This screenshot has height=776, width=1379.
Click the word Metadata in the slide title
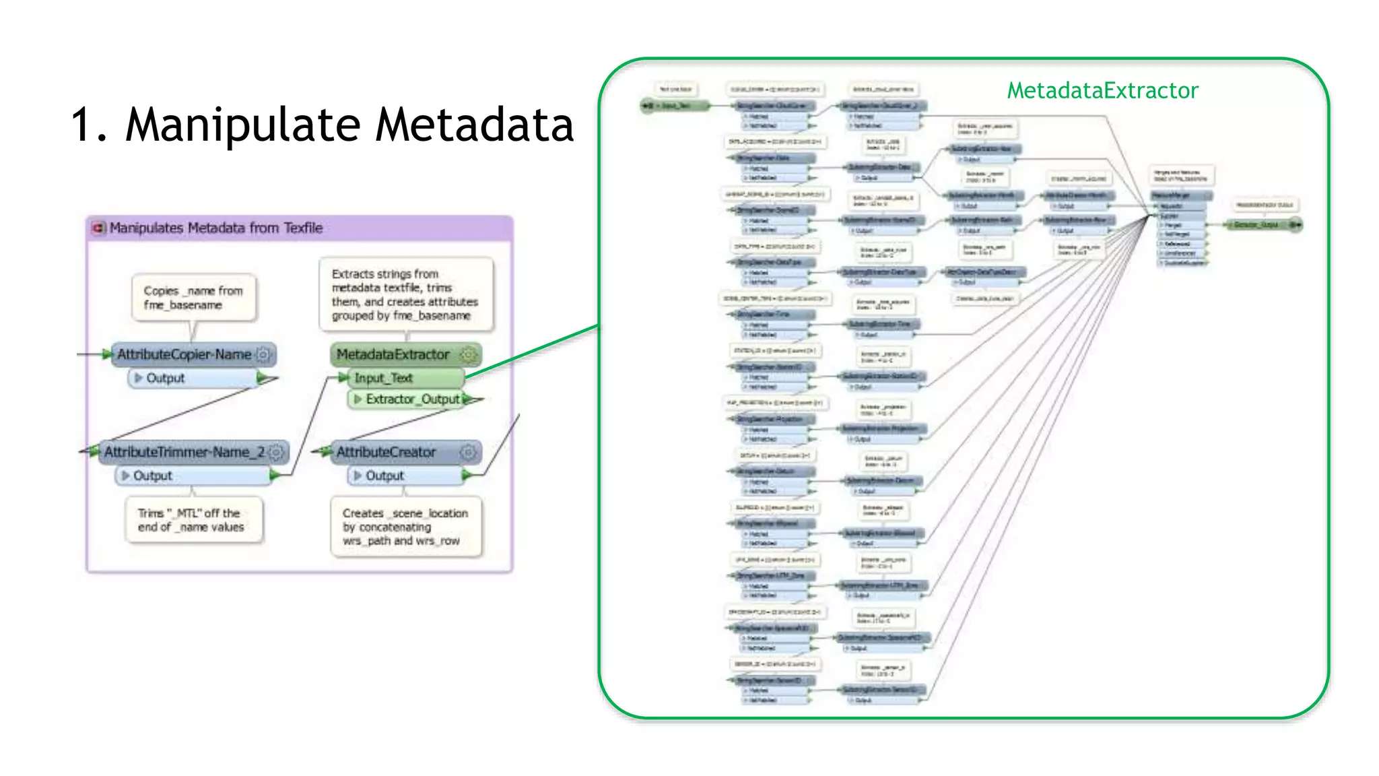point(474,125)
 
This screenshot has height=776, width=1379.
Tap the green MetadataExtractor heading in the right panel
point(1102,90)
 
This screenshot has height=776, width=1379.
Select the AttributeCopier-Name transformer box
point(184,354)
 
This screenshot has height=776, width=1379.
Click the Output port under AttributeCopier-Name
point(165,379)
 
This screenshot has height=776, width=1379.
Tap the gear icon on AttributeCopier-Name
point(263,354)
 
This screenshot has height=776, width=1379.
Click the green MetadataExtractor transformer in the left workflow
point(393,354)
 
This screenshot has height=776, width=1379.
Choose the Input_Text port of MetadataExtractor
point(383,379)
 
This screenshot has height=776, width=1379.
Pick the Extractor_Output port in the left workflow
point(412,399)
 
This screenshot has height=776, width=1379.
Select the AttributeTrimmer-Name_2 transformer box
point(184,452)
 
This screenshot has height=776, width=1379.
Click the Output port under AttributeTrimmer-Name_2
point(153,476)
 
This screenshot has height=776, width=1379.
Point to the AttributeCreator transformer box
point(386,452)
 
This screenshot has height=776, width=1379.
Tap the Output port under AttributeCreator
point(384,476)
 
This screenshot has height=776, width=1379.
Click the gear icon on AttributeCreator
point(468,452)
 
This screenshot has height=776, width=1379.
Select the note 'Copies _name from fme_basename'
point(193,298)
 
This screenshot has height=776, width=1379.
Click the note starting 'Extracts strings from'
point(405,294)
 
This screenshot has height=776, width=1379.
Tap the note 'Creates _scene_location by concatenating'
point(405,527)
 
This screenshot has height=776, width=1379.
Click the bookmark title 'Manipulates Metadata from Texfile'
point(216,228)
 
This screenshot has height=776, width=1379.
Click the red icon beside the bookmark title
point(98,228)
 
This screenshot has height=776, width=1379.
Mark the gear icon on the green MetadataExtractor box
point(467,354)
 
